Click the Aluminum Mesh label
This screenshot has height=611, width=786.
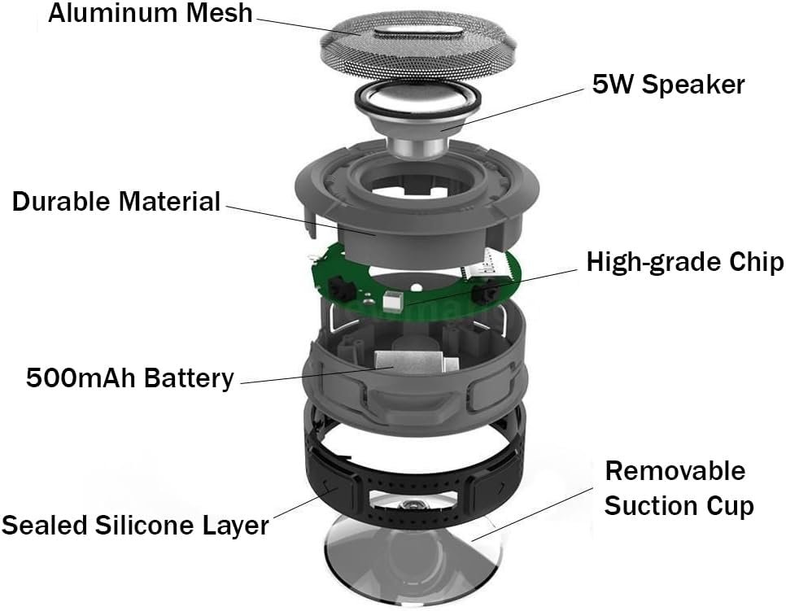pyautogui.click(x=151, y=15)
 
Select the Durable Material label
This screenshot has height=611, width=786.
pyautogui.click(x=116, y=201)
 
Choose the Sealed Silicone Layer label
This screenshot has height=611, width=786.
pyautogui.click(x=135, y=525)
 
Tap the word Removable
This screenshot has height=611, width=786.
pyautogui.click(x=675, y=470)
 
